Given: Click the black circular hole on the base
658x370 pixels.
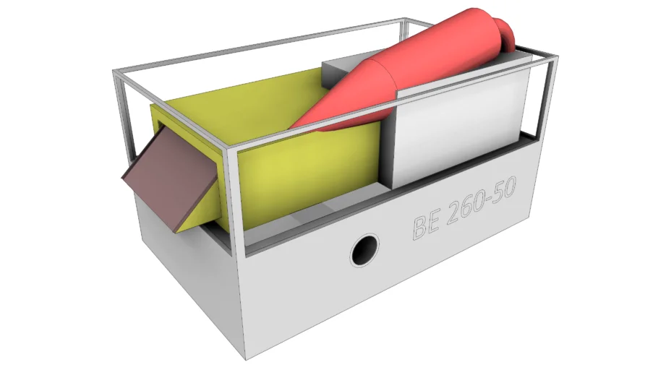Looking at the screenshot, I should click(x=364, y=251).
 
